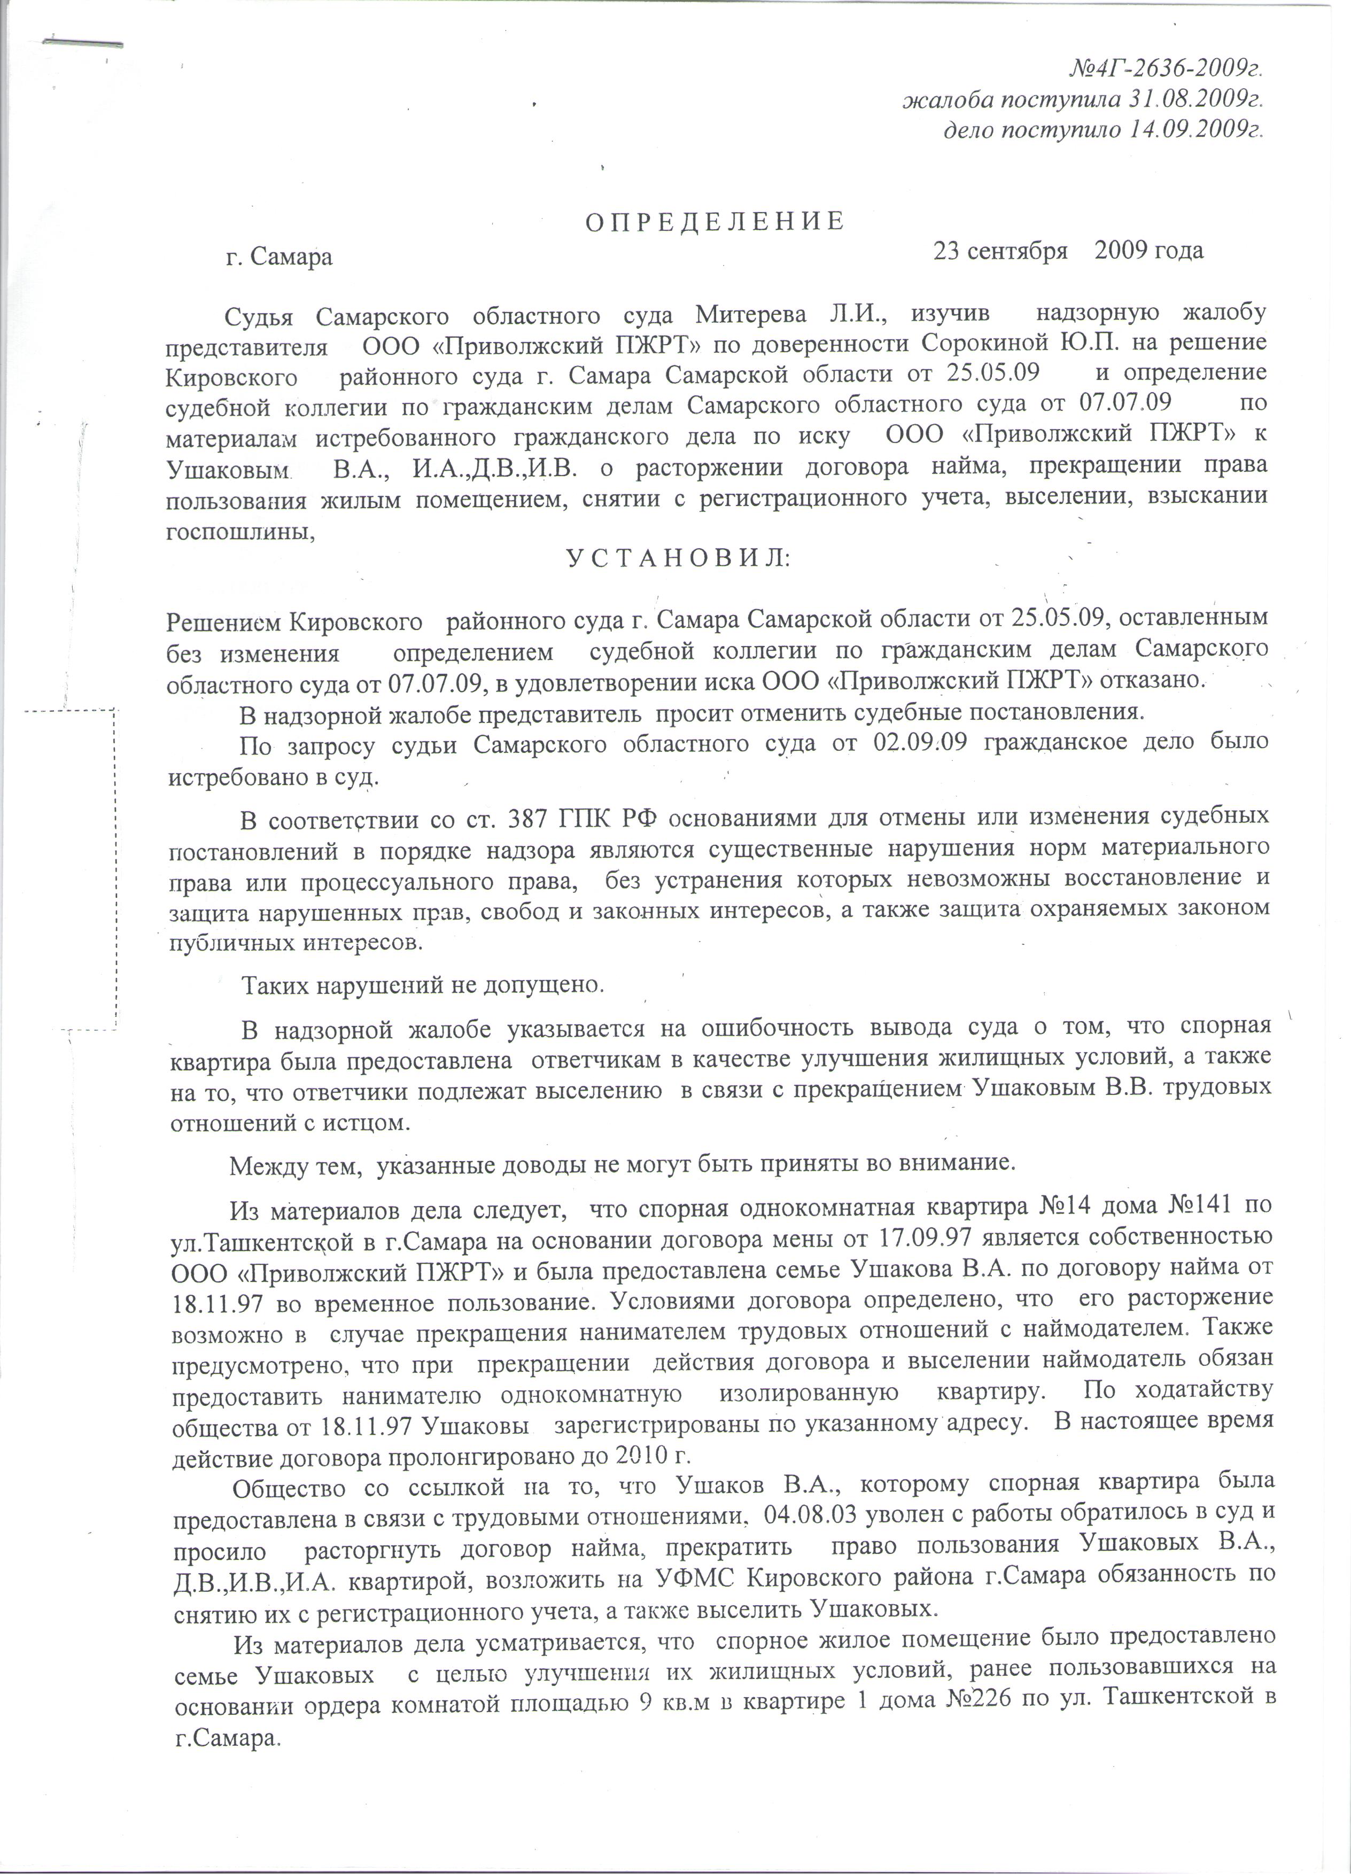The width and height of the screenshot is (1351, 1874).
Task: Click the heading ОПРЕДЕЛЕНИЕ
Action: [716, 221]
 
